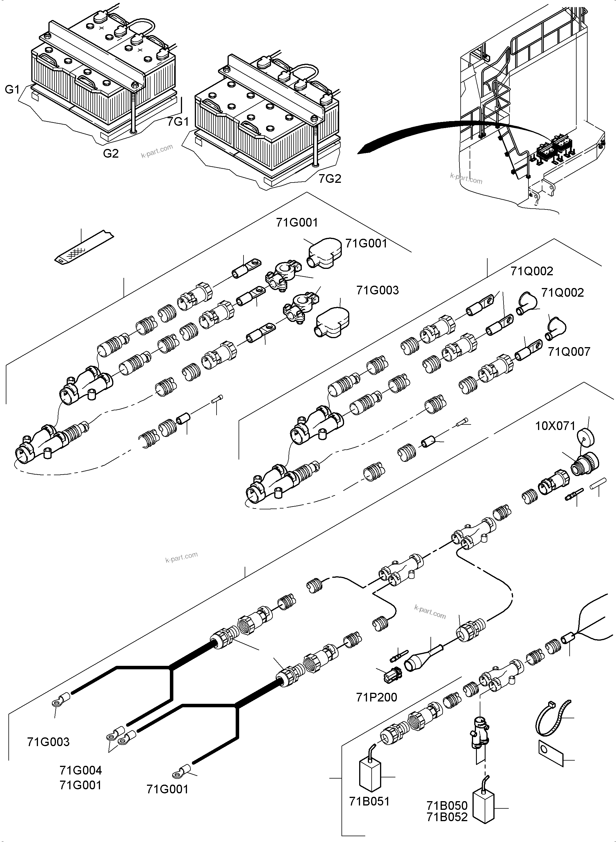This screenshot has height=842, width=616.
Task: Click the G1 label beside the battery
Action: [x=12, y=90]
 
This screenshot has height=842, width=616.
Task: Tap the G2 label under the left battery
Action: [x=111, y=154]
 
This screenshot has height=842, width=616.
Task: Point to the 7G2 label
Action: [x=330, y=179]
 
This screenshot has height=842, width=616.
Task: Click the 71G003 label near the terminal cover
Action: [x=377, y=290]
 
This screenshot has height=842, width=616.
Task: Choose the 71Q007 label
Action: [x=569, y=351]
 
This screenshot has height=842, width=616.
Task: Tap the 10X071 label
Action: [x=555, y=426]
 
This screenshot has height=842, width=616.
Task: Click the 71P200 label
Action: [x=377, y=697]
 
